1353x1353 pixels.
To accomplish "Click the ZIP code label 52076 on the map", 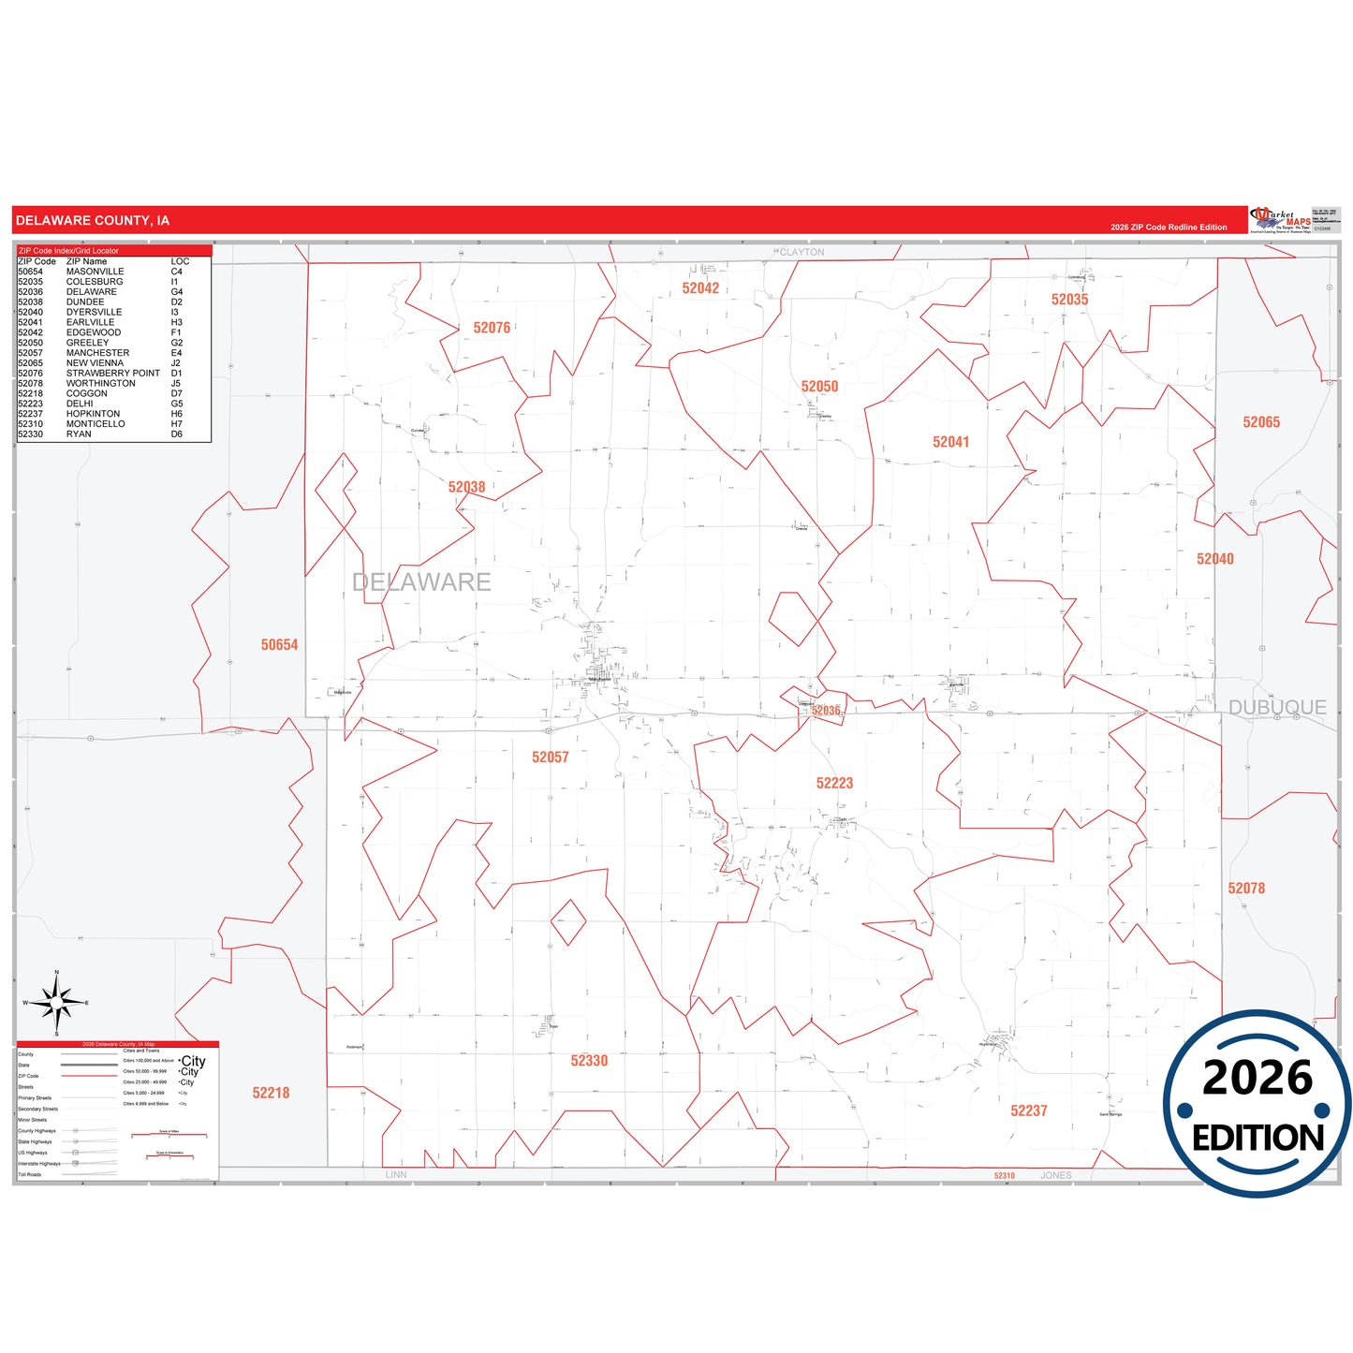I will (492, 328).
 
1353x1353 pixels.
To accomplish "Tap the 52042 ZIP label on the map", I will (700, 288).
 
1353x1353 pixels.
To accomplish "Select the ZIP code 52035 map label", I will (1069, 300).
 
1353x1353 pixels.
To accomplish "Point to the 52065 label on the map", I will (1261, 422).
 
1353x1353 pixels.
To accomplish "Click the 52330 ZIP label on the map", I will (589, 1061).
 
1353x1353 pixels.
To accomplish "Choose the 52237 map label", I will (1028, 1110).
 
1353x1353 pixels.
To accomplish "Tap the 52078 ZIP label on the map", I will (1246, 888).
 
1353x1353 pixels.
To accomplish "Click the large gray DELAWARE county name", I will (421, 582).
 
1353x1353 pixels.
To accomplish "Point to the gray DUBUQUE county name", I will (1277, 708).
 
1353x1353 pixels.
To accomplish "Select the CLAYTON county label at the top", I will (802, 253).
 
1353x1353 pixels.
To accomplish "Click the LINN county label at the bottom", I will (396, 1175).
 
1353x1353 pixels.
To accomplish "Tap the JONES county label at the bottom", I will (1055, 1175).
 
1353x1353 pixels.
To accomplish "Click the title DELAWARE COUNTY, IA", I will (93, 221).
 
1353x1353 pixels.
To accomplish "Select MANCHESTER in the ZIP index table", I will (97, 353).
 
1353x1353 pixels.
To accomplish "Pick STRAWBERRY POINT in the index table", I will (112, 373).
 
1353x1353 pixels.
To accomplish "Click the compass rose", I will (57, 1003).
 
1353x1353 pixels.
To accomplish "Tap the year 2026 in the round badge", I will (1257, 1078).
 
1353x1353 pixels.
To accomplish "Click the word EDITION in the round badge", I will (1257, 1138).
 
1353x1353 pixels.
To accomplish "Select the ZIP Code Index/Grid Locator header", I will (68, 251).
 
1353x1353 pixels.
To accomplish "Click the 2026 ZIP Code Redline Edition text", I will (1169, 228).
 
